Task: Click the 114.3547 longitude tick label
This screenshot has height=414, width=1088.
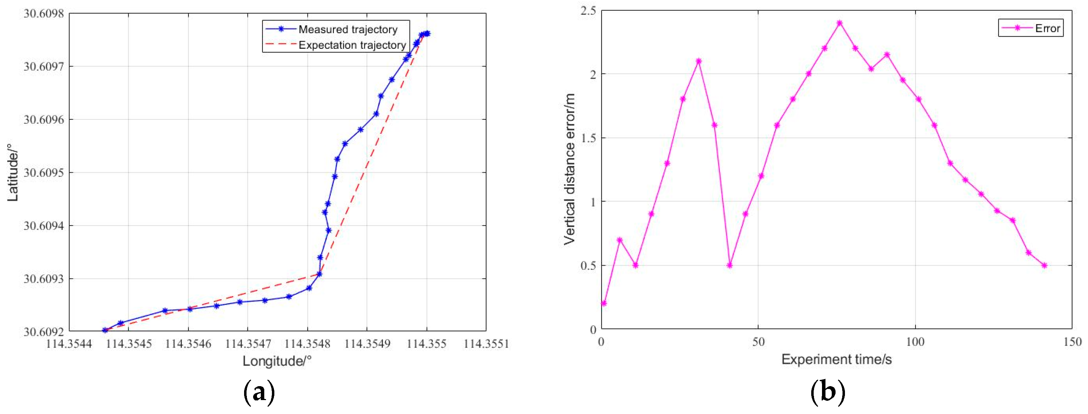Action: coord(248,343)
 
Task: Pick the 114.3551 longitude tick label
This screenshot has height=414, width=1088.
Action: coord(486,343)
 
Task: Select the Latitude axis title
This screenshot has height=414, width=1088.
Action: coord(13,173)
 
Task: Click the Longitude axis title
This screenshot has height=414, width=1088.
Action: coord(277,361)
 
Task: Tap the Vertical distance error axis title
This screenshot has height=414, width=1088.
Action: coord(569,169)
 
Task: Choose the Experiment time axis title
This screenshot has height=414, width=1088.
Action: coord(836,359)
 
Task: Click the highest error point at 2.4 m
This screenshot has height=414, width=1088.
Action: coord(840,23)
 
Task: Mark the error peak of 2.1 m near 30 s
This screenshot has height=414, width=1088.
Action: coord(699,61)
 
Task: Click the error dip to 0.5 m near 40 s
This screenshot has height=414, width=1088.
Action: coord(730,265)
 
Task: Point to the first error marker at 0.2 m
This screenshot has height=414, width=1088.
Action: coord(604,303)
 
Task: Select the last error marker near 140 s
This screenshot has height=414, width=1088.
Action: coord(1044,265)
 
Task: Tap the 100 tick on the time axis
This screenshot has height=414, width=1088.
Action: coord(915,342)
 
